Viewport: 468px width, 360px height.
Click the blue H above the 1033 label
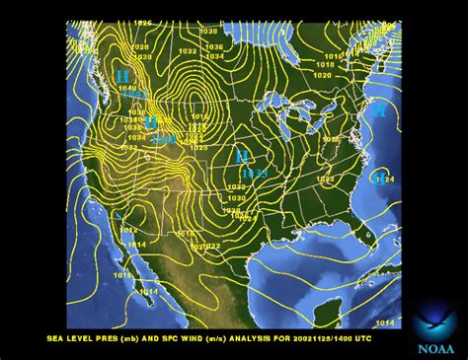point(241,156)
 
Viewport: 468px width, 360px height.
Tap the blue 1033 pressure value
point(255,174)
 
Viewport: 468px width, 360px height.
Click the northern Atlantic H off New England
point(379,111)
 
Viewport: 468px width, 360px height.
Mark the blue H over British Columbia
point(122,75)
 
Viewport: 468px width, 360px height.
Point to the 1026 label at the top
point(144,23)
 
